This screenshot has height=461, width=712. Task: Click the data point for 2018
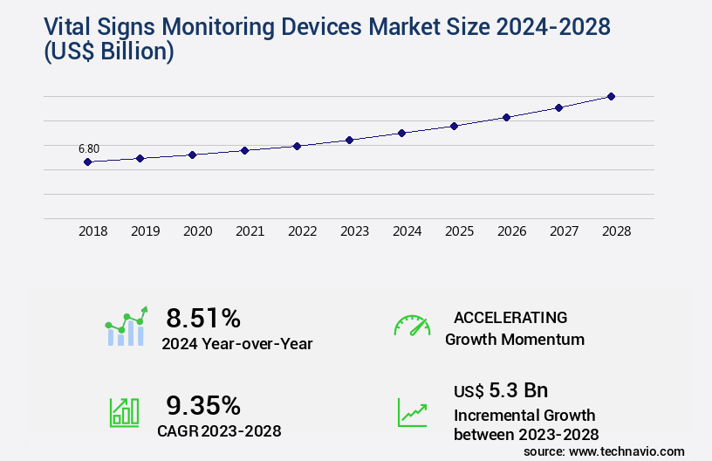coord(87,162)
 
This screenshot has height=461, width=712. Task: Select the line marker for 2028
coord(611,96)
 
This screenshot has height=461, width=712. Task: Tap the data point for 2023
coord(349,140)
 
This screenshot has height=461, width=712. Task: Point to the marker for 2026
coord(506,117)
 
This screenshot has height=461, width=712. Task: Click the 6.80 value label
coord(89,148)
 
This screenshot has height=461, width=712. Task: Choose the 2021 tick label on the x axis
coord(250,231)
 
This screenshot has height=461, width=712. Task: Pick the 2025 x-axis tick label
coord(459,231)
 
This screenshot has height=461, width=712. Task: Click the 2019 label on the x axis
coord(145,231)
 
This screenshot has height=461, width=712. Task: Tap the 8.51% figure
coord(202,317)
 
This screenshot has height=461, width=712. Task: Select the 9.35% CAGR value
coord(202,405)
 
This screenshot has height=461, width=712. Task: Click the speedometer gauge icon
coord(412,326)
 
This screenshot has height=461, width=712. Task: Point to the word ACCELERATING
coord(510,317)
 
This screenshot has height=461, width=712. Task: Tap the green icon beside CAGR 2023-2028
coord(124,412)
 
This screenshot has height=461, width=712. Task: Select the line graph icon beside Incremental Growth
coord(412,412)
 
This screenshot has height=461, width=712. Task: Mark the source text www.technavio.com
coord(626,451)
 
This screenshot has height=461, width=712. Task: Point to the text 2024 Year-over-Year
coord(236,344)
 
